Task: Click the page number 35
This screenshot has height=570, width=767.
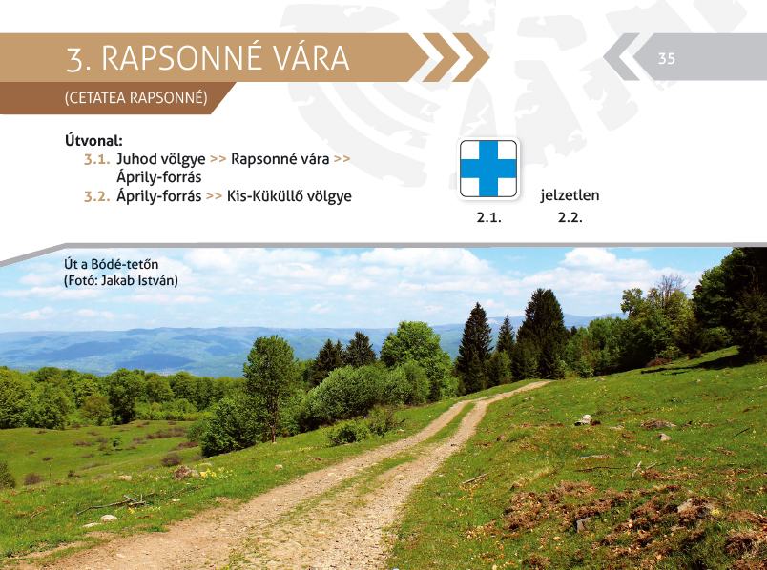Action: coord(666,59)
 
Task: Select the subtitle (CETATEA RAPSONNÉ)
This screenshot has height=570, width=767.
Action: coord(136,98)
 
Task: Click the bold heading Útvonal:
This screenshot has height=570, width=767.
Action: coord(93,141)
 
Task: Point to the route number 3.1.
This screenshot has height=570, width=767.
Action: coord(97,159)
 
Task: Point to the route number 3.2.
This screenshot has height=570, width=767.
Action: coord(97,196)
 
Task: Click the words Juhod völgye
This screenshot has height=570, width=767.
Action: coord(161,160)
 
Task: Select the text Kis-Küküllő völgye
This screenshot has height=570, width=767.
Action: coord(289,196)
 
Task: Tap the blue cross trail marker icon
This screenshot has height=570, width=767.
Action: coord(488,169)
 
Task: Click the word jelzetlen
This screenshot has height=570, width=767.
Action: coord(570,195)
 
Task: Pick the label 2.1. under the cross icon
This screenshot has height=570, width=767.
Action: coord(488,217)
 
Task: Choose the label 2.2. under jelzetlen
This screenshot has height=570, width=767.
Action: coord(570,217)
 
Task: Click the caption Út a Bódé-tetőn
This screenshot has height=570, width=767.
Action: coord(111,264)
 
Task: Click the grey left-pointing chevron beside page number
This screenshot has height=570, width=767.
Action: coord(621,56)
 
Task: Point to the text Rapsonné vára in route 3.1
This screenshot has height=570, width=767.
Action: coord(280,159)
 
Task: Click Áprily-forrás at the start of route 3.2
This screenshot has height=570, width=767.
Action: coord(159,196)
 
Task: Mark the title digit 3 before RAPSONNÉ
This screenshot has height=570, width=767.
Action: coord(74,59)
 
